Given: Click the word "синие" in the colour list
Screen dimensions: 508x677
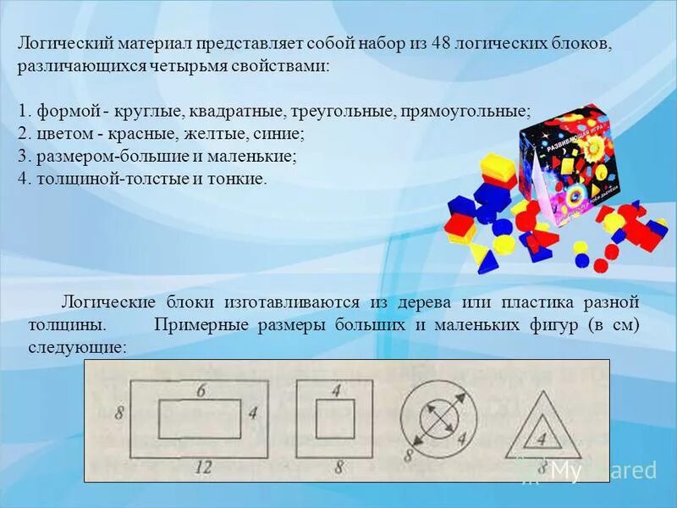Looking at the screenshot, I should point(281,134).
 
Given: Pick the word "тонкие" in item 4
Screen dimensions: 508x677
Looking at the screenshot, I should point(239,179).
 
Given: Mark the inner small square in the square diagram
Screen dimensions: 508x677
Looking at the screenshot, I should point(335,418).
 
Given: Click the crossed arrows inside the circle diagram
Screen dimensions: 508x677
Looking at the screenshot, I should point(439,418).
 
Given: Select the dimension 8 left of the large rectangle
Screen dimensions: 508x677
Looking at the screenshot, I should point(119,414).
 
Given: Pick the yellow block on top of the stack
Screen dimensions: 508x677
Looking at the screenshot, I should point(498,167).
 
